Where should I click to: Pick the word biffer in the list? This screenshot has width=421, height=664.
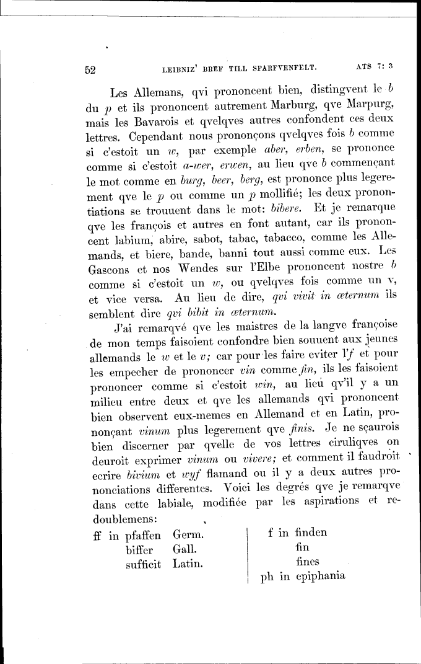[x=140, y=549]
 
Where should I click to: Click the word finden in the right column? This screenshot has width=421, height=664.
[x=311, y=532]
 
